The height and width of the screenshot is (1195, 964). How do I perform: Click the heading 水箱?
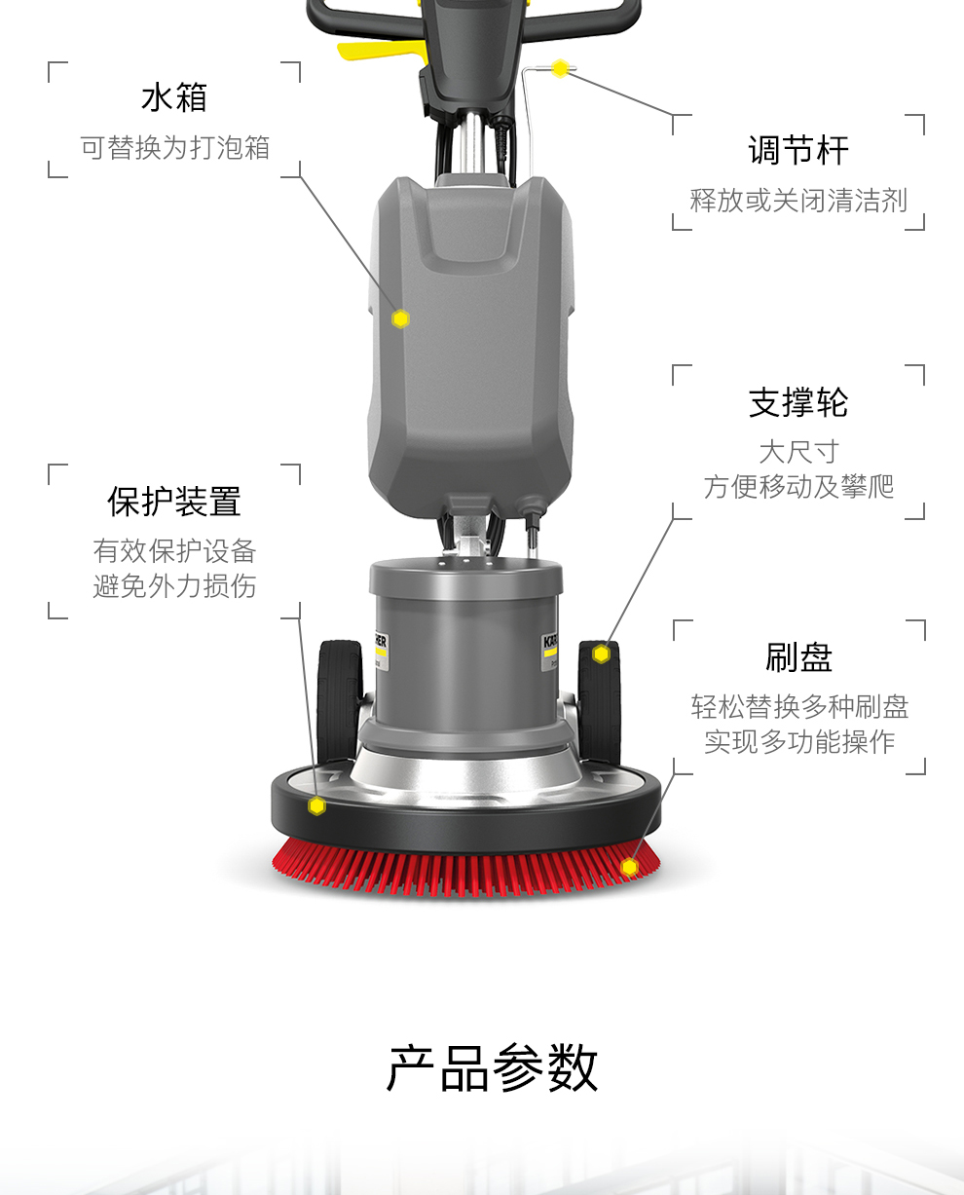[173, 97]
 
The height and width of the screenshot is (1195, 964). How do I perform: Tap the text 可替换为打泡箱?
[175, 148]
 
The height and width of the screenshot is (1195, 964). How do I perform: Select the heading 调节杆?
[797, 150]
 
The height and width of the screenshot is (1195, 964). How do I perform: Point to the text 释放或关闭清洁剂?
[798, 201]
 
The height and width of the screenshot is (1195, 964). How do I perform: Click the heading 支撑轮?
[797, 402]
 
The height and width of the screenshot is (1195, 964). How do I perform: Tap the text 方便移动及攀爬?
[798, 487]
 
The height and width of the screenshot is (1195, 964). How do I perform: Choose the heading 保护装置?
[173, 502]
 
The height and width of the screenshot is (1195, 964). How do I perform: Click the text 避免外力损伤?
[174, 586]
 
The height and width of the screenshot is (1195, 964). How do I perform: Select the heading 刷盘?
[798, 657]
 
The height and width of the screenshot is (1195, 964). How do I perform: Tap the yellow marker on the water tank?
[400, 318]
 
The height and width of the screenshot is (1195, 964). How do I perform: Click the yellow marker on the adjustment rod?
[560, 69]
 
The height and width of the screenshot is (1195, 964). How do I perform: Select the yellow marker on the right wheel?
[601, 654]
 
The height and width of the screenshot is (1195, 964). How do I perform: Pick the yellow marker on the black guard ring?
[316, 805]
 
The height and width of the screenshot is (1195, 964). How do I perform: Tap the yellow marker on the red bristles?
[629, 867]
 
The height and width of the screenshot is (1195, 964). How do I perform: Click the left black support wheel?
[339, 702]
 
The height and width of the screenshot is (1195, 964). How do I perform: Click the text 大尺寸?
[798, 452]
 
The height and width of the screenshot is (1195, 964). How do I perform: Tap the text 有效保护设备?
[174, 551]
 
